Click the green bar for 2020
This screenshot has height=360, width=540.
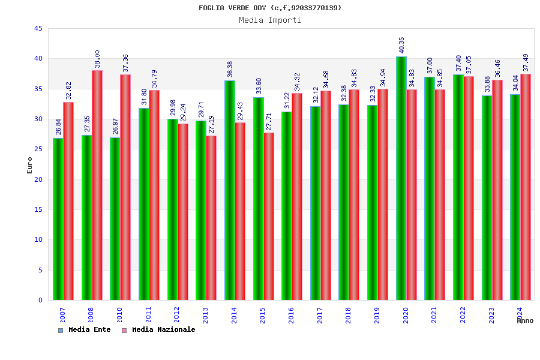coord(401,178)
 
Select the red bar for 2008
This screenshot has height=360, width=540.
coord(97,185)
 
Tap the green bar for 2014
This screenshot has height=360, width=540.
coord(230,190)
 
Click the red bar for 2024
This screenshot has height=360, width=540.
coord(526,187)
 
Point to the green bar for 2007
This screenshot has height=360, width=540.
coord(58,219)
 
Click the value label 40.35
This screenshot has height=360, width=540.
coord(402,45)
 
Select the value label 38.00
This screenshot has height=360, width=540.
coord(97,59)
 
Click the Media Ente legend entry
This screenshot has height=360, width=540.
coord(85,330)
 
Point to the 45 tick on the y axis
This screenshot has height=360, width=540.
coord(38,29)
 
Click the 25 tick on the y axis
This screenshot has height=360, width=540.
coord(38,149)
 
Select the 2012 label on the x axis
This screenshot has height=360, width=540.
coord(177,316)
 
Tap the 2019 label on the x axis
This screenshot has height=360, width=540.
coord(377,316)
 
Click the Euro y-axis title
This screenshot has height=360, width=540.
coord(30,165)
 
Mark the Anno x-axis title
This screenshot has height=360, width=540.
coord(525,321)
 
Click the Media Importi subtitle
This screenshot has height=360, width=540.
coord(270,20)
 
